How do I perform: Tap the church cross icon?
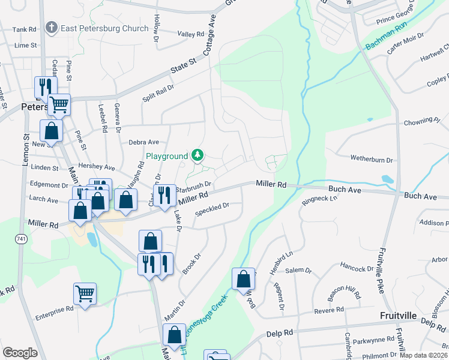coord(52,28)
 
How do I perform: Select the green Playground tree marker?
coord(197,156)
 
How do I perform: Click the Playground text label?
coord(167,157)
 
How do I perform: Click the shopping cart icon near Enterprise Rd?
coord(85,293)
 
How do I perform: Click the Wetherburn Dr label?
coord(372,160)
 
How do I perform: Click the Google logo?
coord(20,353)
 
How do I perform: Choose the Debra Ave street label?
coord(143,142)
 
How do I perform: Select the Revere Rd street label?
coord(330,310)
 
